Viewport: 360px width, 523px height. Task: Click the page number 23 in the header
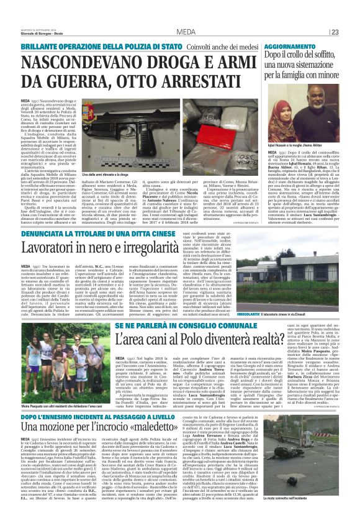351,32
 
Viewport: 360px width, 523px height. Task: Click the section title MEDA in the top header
184,32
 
